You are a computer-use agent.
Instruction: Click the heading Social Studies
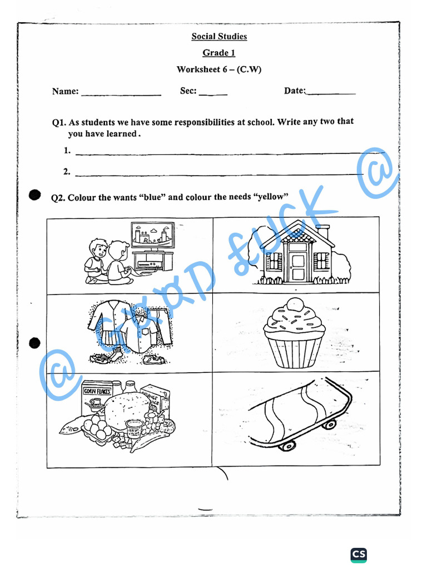219,37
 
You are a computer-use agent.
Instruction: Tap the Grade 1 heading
219,53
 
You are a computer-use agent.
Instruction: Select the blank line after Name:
121,94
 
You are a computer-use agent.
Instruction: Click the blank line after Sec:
213,94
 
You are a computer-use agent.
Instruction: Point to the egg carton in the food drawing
95,429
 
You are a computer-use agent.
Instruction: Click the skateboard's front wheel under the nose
288,445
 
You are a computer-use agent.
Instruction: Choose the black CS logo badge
359,554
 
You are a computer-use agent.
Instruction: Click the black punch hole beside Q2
35,194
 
